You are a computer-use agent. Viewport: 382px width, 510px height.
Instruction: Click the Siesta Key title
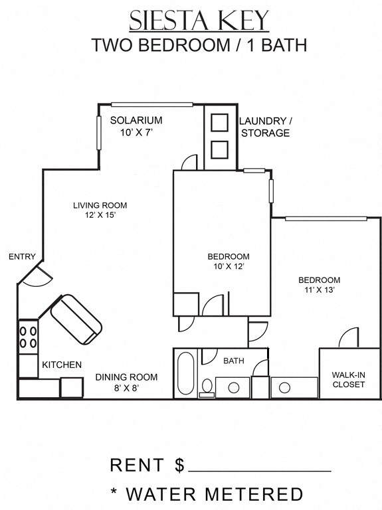click(x=199, y=21)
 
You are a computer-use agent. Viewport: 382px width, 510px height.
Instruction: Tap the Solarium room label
click(x=136, y=126)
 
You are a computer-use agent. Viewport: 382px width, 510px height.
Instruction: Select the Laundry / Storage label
click(x=264, y=127)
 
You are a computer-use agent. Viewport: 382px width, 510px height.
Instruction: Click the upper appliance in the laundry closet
click(x=219, y=123)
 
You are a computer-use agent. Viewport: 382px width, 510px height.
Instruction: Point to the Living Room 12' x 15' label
click(x=100, y=210)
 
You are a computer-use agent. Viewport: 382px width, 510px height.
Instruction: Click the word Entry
click(x=22, y=257)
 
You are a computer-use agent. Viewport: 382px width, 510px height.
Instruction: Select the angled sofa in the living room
click(x=76, y=319)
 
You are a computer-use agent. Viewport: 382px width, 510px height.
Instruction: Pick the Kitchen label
click(x=62, y=365)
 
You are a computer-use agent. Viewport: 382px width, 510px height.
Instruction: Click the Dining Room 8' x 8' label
click(x=126, y=382)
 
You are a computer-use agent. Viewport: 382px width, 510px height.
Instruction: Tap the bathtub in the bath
click(x=185, y=375)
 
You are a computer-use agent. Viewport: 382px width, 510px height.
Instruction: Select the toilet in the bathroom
click(x=207, y=386)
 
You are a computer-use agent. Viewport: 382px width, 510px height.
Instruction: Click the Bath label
click(x=233, y=361)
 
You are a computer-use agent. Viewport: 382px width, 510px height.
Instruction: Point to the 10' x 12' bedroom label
click(x=228, y=262)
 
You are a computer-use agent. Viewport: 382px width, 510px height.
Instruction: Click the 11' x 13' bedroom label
click(x=319, y=285)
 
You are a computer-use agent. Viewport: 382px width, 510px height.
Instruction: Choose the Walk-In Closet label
click(x=349, y=379)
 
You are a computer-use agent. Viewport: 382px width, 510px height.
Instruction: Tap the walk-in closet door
click(x=349, y=339)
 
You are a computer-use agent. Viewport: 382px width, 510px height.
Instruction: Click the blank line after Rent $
click(x=260, y=470)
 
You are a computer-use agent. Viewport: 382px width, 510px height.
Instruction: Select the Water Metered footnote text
click(x=207, y=494)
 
